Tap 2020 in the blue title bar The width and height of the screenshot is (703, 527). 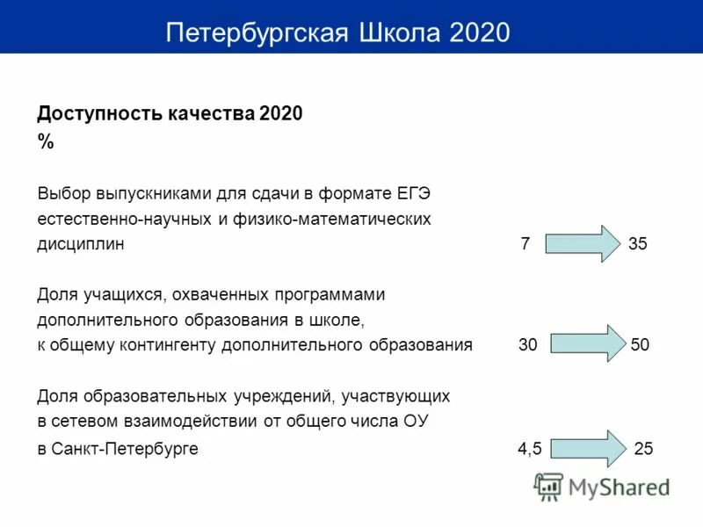click(479, 32)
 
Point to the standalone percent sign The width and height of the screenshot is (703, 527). click(46, 143)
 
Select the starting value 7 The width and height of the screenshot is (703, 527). click(525, 244)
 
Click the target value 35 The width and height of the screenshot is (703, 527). click(638, 244)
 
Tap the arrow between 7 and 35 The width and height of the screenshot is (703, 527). click(582, 244)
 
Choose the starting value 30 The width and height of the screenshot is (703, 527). click(527, 345)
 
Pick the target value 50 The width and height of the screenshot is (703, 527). click(640, 345)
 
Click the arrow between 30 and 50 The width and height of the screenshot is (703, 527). click(584, 344)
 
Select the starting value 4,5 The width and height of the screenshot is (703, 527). click(529, 449)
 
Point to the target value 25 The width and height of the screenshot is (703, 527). click(643, 449)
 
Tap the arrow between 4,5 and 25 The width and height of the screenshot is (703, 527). click(587, 448)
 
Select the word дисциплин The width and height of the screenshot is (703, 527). click(81, 245)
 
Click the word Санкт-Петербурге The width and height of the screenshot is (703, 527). click(125, 449)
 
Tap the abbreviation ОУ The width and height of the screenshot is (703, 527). click(415, 422)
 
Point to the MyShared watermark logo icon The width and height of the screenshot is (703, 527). click(549, 486)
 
